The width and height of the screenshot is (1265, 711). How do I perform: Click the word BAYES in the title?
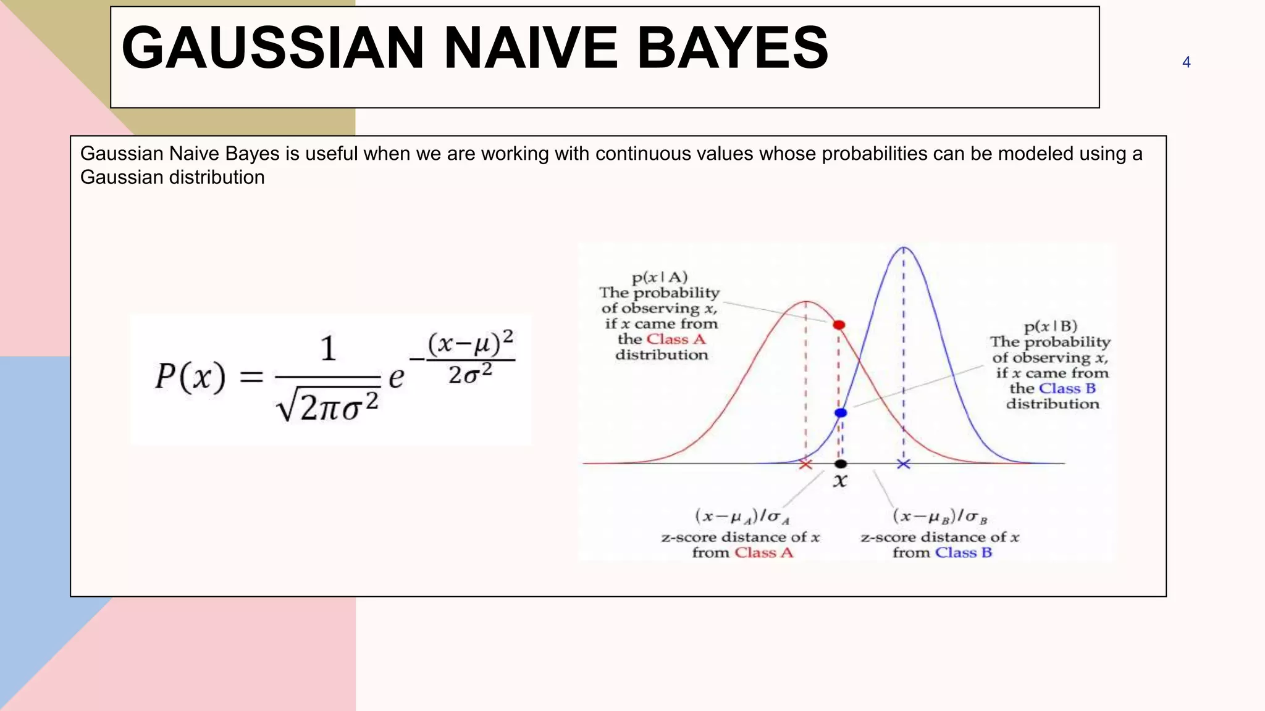click(732, 48)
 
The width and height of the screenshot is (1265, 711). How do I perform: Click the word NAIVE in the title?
click(530, 48)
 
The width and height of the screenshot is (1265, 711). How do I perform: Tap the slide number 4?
click(1186, 62)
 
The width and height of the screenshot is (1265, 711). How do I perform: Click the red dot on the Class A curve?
click(839, 325)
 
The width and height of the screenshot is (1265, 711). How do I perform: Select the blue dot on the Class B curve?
click(841, 413)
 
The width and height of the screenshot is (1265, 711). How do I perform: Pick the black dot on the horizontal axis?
click(841, 464)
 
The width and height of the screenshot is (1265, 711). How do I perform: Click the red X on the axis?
click(805, 464)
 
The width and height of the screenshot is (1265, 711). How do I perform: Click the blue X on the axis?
click(903, 464)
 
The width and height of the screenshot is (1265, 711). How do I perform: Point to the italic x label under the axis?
click(840, 481)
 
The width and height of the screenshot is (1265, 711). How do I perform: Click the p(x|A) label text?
click(660, 277)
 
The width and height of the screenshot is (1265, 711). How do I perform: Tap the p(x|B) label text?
click(1050, 326)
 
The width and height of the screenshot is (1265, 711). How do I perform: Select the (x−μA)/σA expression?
click(742, 516)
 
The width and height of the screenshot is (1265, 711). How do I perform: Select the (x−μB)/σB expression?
click(939, 516)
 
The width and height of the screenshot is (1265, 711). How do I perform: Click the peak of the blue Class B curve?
click(904, 247)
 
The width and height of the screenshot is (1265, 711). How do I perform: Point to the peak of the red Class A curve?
click(806, 302)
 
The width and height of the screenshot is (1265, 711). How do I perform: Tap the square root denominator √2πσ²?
click(327, 406)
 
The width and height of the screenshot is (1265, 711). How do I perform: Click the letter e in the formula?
click(396, 376)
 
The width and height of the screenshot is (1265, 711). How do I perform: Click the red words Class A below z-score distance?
click(763, 552)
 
